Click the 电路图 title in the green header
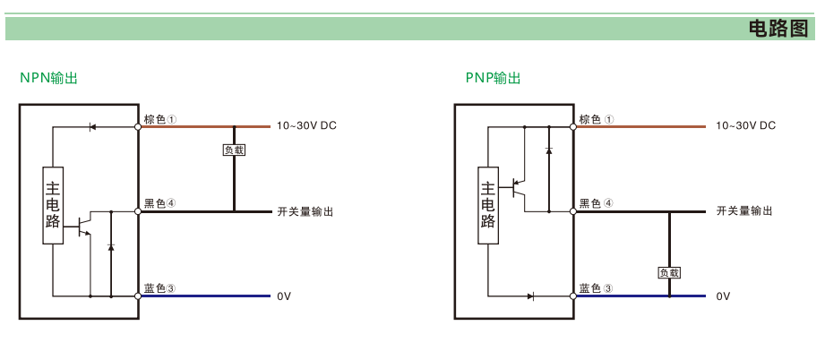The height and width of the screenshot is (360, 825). tap(778, 29)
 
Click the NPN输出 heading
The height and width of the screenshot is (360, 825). tap(49, 78)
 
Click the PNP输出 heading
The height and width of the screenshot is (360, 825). tap(493, 78)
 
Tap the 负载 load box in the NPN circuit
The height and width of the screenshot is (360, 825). tap(234, 150)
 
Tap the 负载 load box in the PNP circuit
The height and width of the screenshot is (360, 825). tap(669, 272)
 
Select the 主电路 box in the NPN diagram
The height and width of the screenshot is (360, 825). tap(54, 205)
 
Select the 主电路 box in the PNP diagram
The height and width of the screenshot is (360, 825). tap(488, 205)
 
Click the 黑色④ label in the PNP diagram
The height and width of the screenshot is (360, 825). tap(596, 203)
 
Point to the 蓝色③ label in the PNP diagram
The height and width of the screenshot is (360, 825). tap(596, 288)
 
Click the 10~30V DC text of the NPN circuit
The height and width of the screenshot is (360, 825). tap(306, 126)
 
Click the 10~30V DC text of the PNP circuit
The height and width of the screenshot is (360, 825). tap(745, 126)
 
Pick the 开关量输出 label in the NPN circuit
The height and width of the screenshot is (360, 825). tap(305, 211)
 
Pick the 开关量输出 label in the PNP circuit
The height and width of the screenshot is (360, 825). tap(744, 211)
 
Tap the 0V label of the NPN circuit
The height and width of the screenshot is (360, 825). tap(284, 296)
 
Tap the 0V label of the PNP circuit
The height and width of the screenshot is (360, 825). tap(723, 296)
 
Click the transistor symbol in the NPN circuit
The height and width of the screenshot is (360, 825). tap(83, 224)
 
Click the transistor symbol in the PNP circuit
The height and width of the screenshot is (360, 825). tap(517, 188)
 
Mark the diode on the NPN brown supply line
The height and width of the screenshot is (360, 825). tap(92, 127)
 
